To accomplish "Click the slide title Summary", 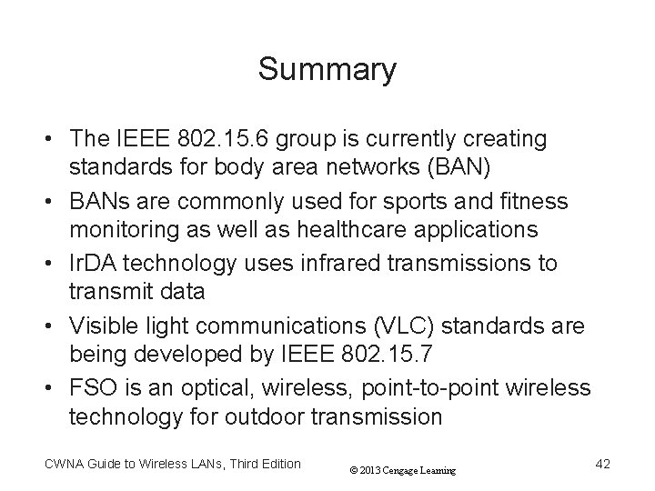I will pyautogui.click(x=327, y=69).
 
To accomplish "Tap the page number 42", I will pyautogui.click(x=601, y=465).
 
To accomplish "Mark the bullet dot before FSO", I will pyautogui.click(x=54, y=388).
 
